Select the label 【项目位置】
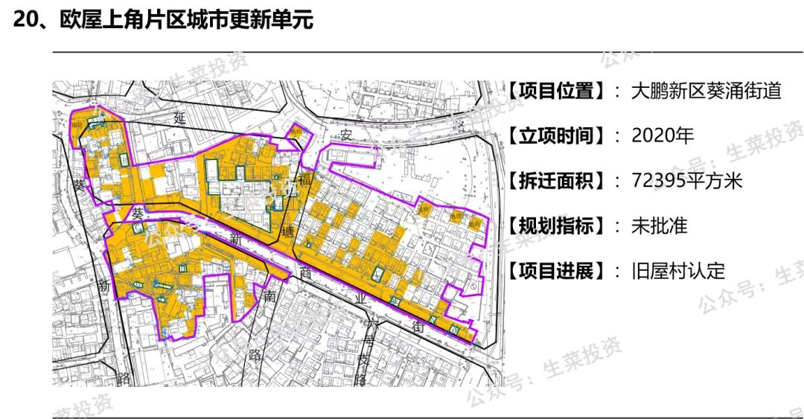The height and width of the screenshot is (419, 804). [x=555, y=92]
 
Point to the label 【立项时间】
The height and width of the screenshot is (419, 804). [x=555, y=136]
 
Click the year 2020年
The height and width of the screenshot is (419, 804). [x=662, y=136]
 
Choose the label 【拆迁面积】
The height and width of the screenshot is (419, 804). [x=555, y=181]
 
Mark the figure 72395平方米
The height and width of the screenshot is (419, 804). [x=686, y=181]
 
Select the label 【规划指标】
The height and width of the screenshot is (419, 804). [x=555, y=226]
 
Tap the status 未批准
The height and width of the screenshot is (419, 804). [x=659, y=226]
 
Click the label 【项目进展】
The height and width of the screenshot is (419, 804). [x=555, y=270]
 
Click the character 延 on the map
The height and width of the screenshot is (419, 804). [x=179, y=117]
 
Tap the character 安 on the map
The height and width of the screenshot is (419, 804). [x=345, y=135]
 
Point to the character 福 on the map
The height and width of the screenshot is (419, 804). [x=304, y=179]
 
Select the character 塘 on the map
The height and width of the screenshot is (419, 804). [x=288, y=231]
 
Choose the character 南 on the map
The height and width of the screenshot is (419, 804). [x=269, y=296]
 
